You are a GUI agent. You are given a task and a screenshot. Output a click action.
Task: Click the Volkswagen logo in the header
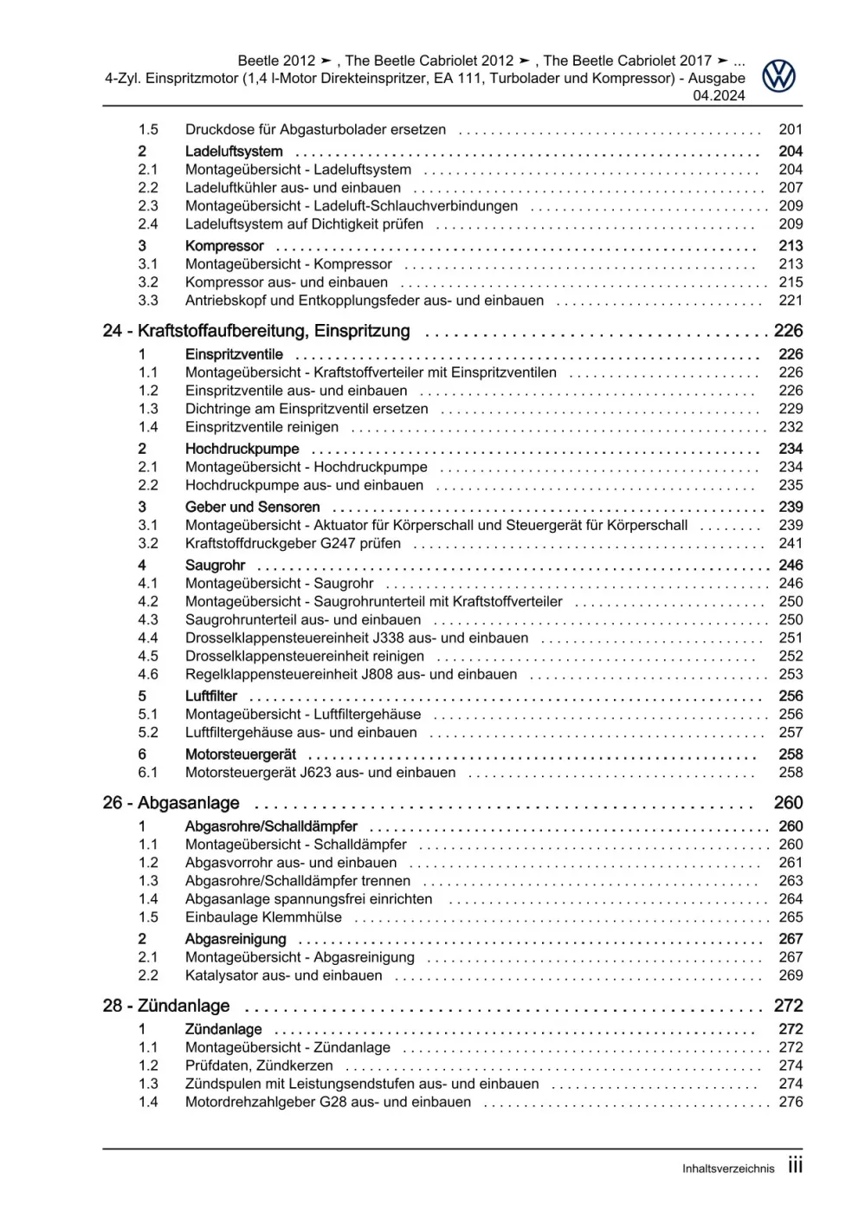778,76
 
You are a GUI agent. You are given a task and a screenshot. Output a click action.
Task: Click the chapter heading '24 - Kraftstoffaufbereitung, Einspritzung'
256,331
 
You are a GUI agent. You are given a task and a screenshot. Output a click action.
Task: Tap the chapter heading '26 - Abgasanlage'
171,803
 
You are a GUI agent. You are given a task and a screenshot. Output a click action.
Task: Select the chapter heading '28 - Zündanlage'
166,1006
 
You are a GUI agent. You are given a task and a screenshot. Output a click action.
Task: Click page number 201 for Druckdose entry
791,129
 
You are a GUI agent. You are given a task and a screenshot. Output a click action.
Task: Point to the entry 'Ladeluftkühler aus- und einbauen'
293,188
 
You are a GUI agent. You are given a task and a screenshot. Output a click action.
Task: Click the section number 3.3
148,301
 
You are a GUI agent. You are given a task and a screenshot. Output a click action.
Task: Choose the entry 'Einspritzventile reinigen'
261,427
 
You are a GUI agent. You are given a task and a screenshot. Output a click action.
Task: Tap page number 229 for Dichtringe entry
791,409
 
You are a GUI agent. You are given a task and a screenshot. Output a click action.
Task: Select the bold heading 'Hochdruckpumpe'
242,449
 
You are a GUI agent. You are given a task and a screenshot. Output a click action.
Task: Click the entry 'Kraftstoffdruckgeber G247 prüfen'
293,544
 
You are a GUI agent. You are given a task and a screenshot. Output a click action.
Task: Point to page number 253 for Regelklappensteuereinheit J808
791,675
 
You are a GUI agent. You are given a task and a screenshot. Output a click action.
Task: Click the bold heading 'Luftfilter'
210,696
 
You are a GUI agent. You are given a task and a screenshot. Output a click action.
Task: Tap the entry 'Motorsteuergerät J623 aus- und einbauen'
320,773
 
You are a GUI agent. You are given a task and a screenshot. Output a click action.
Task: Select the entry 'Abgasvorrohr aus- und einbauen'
290,863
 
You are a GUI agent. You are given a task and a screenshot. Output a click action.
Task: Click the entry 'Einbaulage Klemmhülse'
263,917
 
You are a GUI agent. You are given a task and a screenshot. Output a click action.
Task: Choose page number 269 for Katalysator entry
791,975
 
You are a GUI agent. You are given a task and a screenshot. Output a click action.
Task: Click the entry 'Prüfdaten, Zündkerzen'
258,1065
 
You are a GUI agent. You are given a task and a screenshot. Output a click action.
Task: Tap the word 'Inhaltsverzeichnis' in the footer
727,1169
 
